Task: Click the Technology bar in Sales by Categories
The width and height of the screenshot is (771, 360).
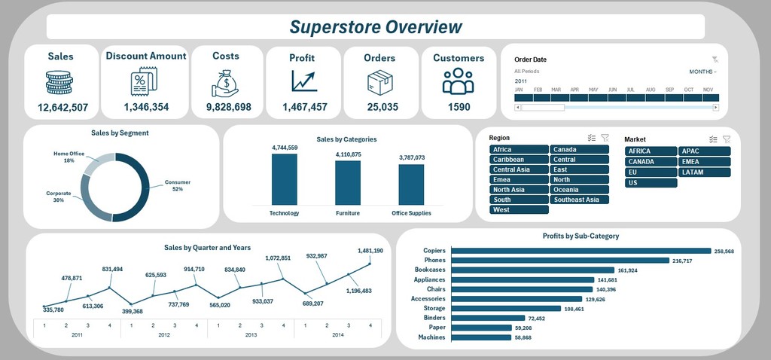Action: pos(284,179)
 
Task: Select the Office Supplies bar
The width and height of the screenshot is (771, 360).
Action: pos(411,185)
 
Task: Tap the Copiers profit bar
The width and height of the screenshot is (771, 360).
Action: pos(581,251)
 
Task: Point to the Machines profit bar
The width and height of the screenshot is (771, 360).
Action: pos(481,337)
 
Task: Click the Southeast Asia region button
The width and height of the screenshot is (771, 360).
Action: pos(579,200)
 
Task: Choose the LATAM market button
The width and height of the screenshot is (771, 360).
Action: pos(705,172)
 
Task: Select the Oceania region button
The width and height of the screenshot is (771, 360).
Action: pos(579,189)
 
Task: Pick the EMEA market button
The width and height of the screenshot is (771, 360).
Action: pos(705,162)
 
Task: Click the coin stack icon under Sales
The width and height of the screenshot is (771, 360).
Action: pos(59,82)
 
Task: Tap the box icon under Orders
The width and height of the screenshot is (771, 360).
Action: pos(380,82)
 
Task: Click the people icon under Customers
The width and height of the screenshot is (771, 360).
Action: pos(458,81)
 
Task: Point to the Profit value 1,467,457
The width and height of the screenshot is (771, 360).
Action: pos(304,107)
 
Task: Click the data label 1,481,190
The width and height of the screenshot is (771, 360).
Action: pos(370,251)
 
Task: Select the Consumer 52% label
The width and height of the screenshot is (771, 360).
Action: pos(178,185)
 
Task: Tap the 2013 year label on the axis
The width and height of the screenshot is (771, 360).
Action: pos(251,335)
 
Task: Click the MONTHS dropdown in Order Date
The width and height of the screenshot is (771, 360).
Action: pos(702,72)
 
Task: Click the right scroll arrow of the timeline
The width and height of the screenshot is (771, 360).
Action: pos(716,107)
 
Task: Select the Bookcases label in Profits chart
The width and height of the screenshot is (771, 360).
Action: pos(430,270)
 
